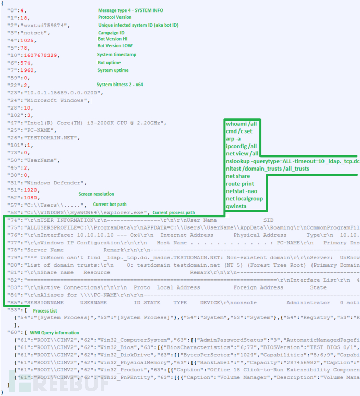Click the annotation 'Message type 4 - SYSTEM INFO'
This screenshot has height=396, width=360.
click(x=131, y=10)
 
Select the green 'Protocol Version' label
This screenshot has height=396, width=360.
click(x=115, y=17)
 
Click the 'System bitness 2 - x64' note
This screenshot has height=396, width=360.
click(x=122, y=85)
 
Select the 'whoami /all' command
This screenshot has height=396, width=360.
click(x=241, y=124)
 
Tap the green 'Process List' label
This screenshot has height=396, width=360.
click(x=45, y=311)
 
